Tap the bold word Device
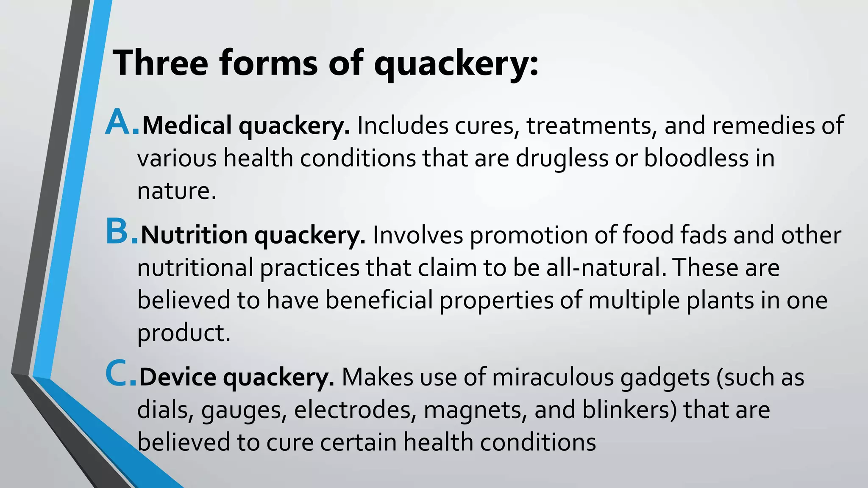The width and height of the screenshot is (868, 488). [178, 377]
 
